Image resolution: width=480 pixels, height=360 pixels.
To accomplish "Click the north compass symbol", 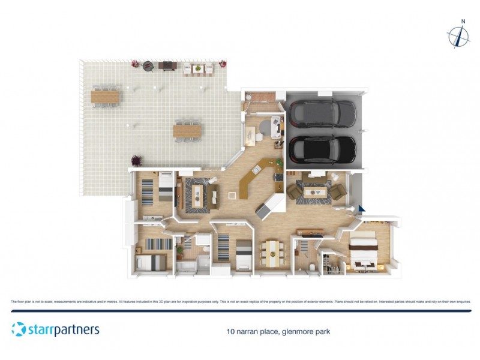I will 459,37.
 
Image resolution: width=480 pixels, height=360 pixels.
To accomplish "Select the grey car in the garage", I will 321,113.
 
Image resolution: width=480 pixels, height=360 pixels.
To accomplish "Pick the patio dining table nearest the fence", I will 106,95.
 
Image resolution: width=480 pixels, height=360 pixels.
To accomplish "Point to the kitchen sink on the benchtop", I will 257,170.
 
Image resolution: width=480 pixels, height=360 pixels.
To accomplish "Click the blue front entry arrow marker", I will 361,208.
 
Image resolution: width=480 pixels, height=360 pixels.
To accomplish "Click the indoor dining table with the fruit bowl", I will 271,253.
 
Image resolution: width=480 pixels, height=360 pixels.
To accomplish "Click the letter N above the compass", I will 463,22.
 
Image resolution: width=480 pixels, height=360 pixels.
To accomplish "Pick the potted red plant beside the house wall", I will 137,161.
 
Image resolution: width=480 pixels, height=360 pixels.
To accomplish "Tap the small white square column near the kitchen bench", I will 233,194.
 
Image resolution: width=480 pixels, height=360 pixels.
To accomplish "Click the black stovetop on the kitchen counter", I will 278,176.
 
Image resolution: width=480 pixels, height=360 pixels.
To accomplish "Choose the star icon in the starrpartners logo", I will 19,329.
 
